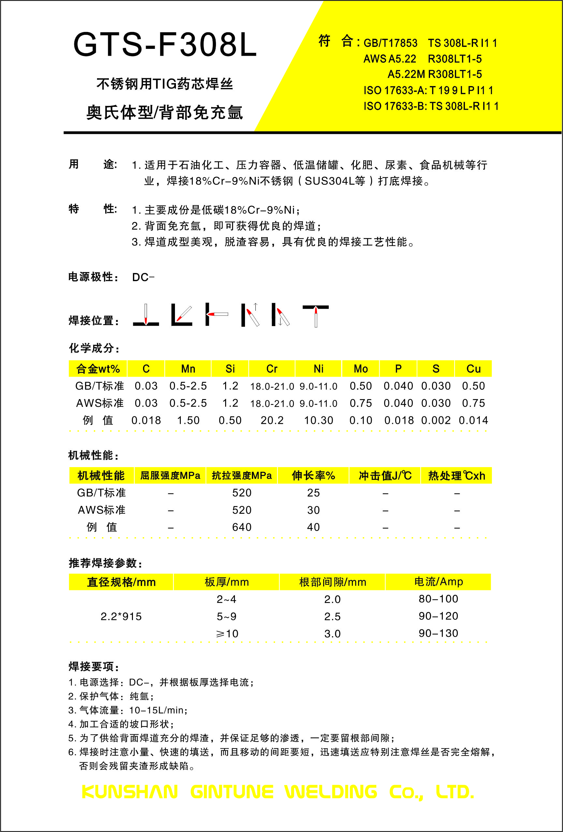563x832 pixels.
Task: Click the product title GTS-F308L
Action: (x=165, y=45)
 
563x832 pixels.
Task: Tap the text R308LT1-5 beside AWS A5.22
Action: (x=455, y=59)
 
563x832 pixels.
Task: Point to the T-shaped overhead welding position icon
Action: (x=315, y=315)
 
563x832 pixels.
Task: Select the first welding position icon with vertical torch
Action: (x=146, y=315)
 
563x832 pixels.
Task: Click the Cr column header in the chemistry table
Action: (x=272, y=369)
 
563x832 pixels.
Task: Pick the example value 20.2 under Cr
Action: (x=272, y=420)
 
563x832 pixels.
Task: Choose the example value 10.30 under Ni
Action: (x=318, y=420)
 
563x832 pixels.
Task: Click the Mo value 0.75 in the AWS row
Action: (x=361, y=403)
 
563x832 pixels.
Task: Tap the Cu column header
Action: (x=473, y=369)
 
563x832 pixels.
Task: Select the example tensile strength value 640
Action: (x=242, y=527)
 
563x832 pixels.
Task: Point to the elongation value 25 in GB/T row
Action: (x=313, y=493)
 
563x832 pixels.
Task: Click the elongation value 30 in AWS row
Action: (x=313, y=510)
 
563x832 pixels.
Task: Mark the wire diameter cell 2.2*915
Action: (x=121, y=616)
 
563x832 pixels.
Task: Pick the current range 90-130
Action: (x=438, y=633)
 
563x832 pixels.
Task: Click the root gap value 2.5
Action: (x=332, y=616)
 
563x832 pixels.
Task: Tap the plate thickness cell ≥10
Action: (x=227, y=634)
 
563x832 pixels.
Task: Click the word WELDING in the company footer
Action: (x=331, y=792)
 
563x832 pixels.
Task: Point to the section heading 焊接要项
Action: (x=94, y=667)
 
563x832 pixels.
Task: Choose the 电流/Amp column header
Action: (x=438, y=582)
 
